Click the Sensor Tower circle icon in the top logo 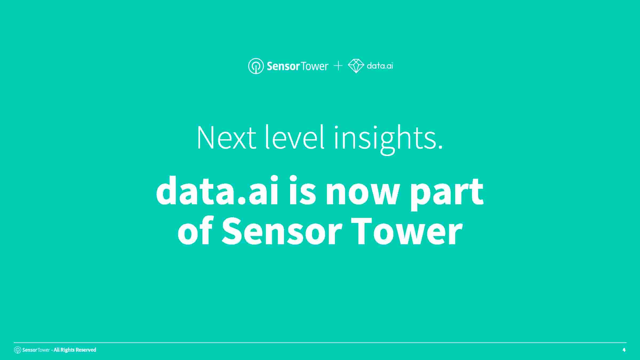coord(256,66)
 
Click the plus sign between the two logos coord(338,66)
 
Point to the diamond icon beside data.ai coord(356,66)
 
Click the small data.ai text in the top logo coord(380,66)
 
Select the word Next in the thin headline coord(227,138)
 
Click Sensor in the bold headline coord(282,231)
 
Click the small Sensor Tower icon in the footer coord(18,350)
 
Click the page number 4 coord(624,350)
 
